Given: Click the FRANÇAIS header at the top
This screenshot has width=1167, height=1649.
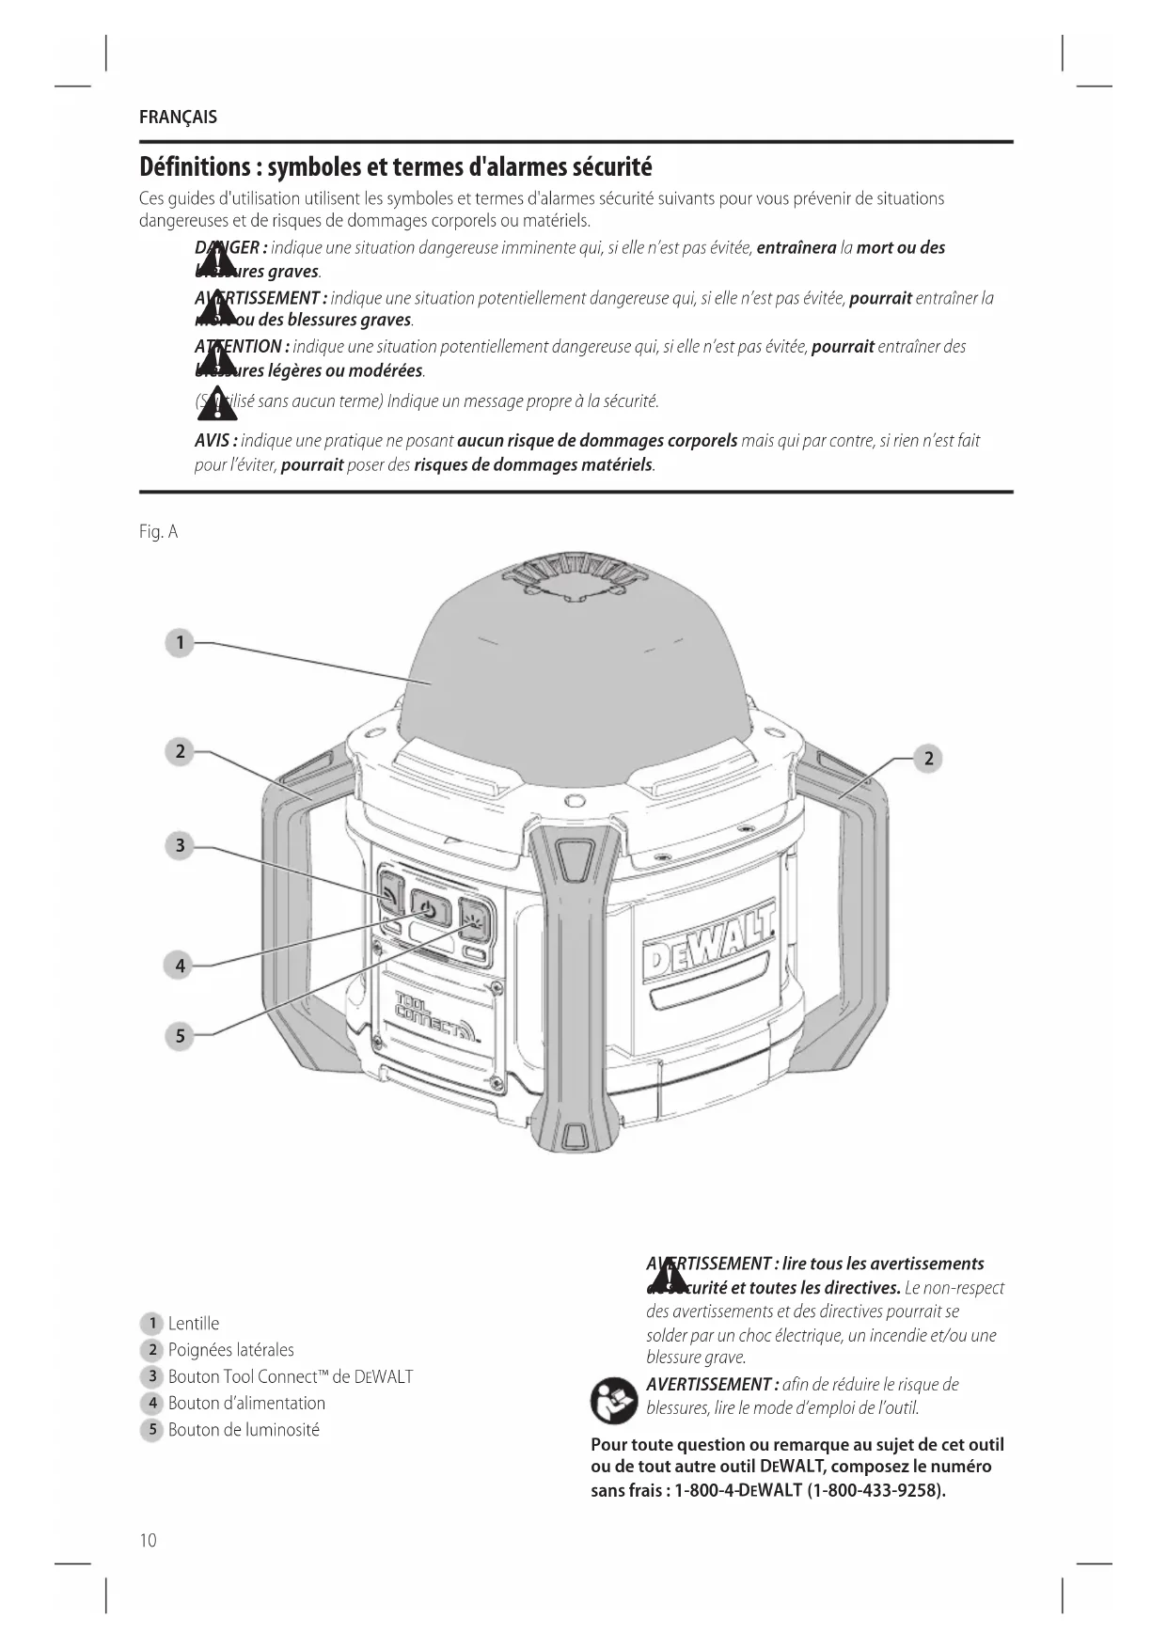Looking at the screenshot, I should (178, 118).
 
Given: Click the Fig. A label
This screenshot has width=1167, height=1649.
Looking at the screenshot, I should (158, 532).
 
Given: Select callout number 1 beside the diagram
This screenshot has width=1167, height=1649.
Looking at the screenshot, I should (179, 643).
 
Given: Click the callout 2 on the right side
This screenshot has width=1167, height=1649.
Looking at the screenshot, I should (927, 758).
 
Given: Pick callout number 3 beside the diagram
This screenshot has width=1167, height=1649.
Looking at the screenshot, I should (180, 845).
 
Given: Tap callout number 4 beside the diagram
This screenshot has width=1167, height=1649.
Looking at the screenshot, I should (180, 965).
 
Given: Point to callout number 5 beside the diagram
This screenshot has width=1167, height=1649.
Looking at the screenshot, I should (180, 1036).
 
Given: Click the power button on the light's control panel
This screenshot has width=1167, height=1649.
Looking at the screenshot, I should (429, 909).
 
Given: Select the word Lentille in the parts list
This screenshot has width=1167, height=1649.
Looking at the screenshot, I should (194, 1324).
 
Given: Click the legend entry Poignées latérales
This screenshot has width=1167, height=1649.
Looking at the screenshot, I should (230, 1350).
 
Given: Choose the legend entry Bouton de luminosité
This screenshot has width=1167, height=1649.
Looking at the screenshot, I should (244, 1430).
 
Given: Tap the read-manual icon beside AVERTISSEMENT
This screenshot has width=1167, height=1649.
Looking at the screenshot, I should (613, 1400).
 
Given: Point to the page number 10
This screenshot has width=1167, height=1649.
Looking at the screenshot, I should (149, 1540).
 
